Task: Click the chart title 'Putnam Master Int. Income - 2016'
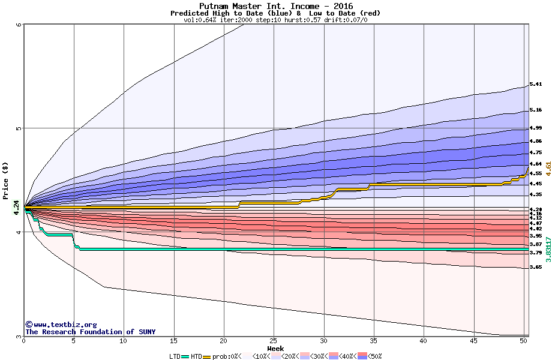pos(276,6)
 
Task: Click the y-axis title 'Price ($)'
pos(5,181)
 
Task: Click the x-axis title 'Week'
pos(275,349)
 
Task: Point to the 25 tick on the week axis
pos(274,341)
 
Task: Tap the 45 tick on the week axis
pos(474,341)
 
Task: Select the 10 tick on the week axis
pos(124,341)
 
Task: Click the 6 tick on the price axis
pos(19,25)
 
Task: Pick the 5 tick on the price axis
pos(19,128)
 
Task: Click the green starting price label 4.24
pos(16,208)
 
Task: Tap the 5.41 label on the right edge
pos(536,85)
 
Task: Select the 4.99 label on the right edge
pos(536,128)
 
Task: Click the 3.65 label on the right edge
pos(536,267)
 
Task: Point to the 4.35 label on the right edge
pos(536,195)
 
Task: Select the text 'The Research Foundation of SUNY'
pos(90,332)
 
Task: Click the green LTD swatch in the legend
pos(185,356)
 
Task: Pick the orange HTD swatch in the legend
pos(208,356)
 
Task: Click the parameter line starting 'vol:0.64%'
pos(275,20)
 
